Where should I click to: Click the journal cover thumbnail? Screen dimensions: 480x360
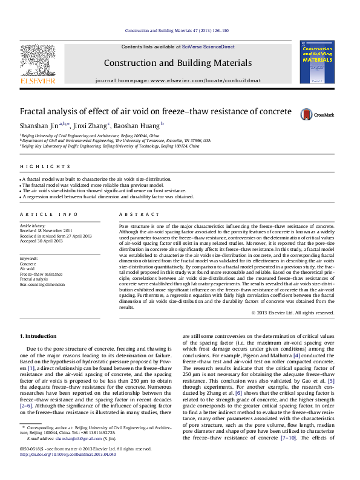pos(316,61)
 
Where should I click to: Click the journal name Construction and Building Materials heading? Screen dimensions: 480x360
pos(177,63)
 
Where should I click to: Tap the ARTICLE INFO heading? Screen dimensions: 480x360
pos(48,215)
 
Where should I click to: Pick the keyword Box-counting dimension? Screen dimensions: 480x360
pos(42,284)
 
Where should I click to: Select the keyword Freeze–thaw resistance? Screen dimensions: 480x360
pos(41,274)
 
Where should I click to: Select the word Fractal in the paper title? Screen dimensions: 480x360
pos(33,112)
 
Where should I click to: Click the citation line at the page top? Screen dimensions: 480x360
pos(177,31)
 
